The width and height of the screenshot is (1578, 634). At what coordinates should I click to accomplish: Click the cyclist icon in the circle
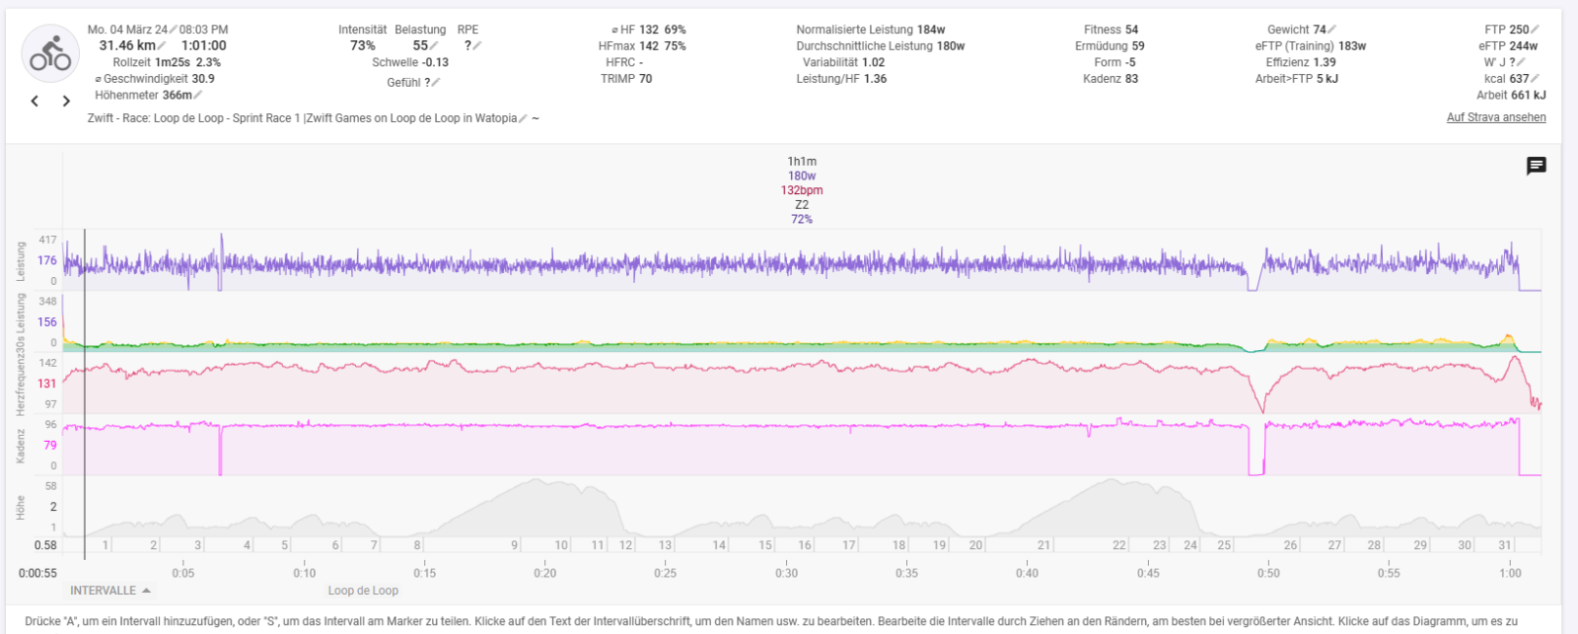point(50,54)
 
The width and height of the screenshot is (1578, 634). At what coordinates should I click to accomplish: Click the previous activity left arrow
point(35,101)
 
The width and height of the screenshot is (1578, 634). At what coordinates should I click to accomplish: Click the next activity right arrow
point(66,101)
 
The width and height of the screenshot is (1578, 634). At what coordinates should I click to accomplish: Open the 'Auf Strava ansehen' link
point(1496,117)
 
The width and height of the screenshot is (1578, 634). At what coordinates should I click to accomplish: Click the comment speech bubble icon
point(1536,166)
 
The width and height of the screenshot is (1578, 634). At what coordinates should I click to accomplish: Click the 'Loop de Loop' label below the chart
point(363,591)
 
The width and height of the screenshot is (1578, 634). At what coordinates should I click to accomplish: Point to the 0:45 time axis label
point(1148,573)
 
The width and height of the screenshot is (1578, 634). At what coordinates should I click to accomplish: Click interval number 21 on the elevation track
point(1043,545)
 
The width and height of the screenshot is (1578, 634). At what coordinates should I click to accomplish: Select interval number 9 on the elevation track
point(514,545)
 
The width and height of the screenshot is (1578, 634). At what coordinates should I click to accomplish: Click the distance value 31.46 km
point(127,45)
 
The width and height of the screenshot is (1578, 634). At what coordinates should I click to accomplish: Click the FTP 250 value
point(1506,30)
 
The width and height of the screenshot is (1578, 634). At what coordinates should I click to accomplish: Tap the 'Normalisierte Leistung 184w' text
point(870,30)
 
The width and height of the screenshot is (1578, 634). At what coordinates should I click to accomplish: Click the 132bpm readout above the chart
point(801,190)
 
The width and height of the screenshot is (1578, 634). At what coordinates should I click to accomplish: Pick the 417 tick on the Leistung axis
point(47,240)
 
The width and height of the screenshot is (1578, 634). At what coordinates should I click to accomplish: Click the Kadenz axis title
point(20,446)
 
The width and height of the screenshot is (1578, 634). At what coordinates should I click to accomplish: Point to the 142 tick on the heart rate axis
point(47,363)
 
